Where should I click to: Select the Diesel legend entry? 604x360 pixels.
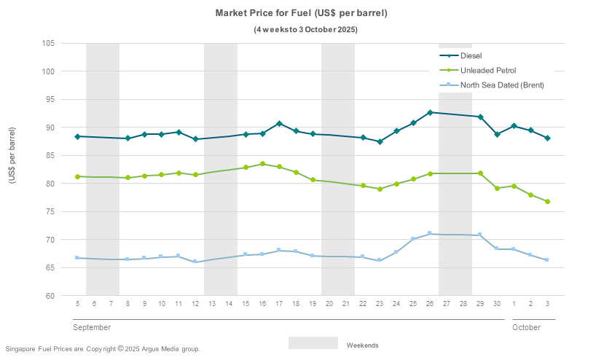click(471, 55)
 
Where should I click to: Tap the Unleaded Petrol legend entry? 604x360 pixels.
click(487, 70)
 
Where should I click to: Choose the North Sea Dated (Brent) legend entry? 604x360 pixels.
click(502, 85)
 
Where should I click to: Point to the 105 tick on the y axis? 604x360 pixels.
click(49, 43)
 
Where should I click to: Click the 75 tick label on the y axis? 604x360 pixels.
click(51, 211)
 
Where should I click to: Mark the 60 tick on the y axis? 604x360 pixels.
click(51, 296)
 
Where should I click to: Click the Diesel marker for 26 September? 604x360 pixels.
click(430, 112)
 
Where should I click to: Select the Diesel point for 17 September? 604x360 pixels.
click(279, 124)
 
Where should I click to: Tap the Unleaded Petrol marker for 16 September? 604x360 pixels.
click(262, 164)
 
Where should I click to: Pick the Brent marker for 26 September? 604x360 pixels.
click(430, 233)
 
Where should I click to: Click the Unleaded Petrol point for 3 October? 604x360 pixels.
click(547, 201)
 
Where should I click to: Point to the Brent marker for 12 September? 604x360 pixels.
click(195, 262)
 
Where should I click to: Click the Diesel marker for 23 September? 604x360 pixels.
click(380, 141)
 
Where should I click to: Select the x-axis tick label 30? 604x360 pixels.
click(497, 303)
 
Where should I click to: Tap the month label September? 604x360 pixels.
click(92, 327)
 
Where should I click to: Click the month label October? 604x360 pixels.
click(526, 327)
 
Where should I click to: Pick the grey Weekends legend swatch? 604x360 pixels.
click(313, 343)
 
